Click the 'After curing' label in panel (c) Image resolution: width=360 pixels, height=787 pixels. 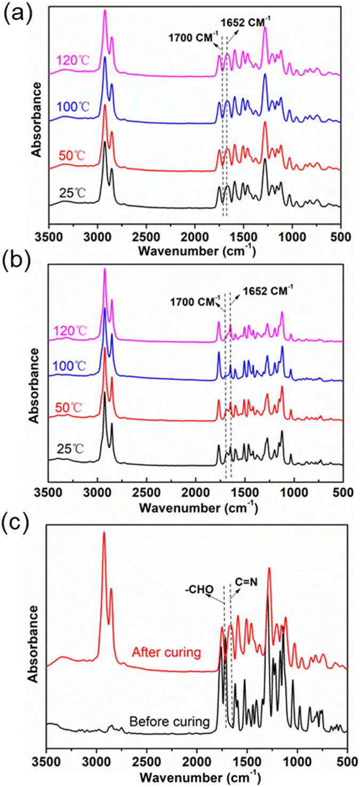[167, 651]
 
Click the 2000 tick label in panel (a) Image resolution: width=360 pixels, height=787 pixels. [195, 236]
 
